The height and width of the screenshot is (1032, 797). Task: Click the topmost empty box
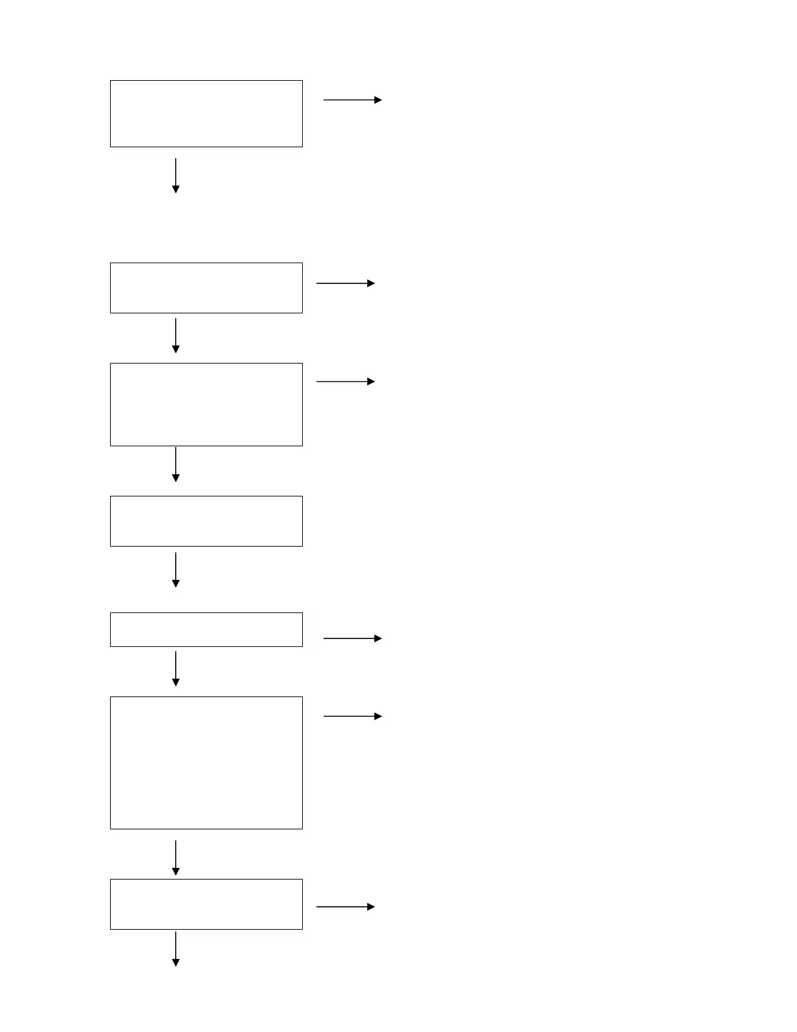tap(206, 113)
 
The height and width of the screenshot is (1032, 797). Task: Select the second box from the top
tap(206, 288)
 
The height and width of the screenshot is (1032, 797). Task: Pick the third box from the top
tap(206, 405)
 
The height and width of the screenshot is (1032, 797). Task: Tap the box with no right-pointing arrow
tap(206, 521)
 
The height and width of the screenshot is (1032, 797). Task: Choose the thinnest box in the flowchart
tap(206, 629)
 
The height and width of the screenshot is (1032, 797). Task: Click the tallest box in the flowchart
tap(206, 763)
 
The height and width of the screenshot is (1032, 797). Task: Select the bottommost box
tap(206, 904)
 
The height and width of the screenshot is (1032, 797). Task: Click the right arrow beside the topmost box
tap(352, 100)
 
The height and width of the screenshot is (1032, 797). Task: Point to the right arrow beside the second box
tap(346, 283)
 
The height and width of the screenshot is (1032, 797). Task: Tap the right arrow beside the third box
tap(346, 382)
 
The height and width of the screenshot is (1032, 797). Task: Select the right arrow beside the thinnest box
tap(352, 638)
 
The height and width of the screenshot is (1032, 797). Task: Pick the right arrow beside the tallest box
tap(352, 716)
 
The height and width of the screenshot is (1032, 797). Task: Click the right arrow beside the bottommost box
tap(346, 907)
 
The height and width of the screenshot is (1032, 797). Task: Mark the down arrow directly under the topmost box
tap(176, 176)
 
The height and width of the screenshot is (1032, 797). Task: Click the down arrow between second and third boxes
tap(176, 336)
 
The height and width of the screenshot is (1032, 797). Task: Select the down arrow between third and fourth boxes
tap(176, 465)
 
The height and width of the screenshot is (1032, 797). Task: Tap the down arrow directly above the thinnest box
tap(176, 570)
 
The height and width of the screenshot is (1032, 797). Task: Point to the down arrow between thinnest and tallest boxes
tap(176, 668)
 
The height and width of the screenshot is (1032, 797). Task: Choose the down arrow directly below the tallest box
tap(176, 858)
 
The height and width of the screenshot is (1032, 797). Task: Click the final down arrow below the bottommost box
tap(176, 949)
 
